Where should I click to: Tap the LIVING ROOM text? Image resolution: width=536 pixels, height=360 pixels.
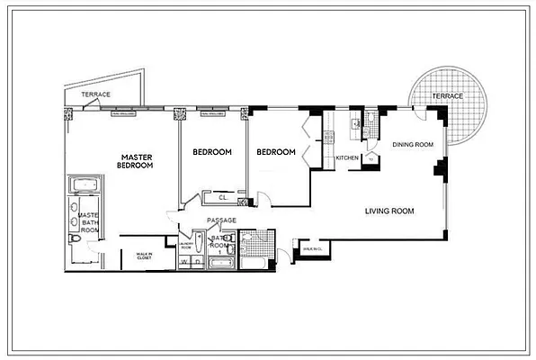click(389, 211)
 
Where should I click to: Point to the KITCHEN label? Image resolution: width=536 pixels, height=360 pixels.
click(347, 158)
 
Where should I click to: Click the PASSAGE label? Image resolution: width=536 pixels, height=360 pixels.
click(221, 220)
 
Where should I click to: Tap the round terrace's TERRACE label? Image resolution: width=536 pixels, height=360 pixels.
click(446, 95)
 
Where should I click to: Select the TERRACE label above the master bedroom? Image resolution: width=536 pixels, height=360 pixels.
click(95, 94)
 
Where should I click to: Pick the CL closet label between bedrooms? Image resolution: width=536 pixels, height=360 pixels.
click(221, 198)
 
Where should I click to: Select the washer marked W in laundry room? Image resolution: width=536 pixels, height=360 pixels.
click(185, 263)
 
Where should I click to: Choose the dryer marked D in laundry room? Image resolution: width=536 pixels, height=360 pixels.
click(196, 263)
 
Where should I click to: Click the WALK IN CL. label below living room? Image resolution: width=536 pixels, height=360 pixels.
click(312, 248)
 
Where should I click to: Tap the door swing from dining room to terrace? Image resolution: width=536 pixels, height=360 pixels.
click(421, 115)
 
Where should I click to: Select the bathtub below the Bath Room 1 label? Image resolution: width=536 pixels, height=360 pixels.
click(220, 264)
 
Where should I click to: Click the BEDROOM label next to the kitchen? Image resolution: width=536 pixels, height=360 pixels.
click(276, 152)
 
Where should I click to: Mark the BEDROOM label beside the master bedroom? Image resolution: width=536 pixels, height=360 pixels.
click(212, 152)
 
